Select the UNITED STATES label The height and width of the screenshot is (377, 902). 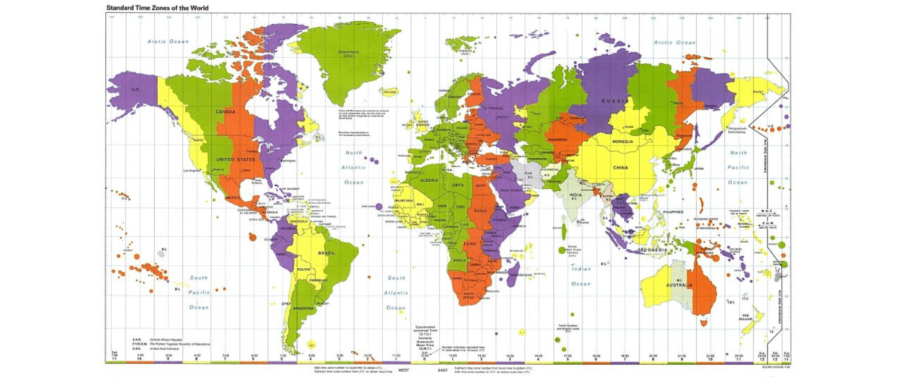tap(235, 160)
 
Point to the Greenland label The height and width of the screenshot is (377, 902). tap(350, 53)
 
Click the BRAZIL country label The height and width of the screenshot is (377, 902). tap(327, 254)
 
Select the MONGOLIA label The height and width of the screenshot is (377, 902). tap(624, 141)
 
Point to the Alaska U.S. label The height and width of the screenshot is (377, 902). tap(136, 90)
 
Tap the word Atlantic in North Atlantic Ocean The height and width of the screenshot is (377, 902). tap(353, 167)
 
